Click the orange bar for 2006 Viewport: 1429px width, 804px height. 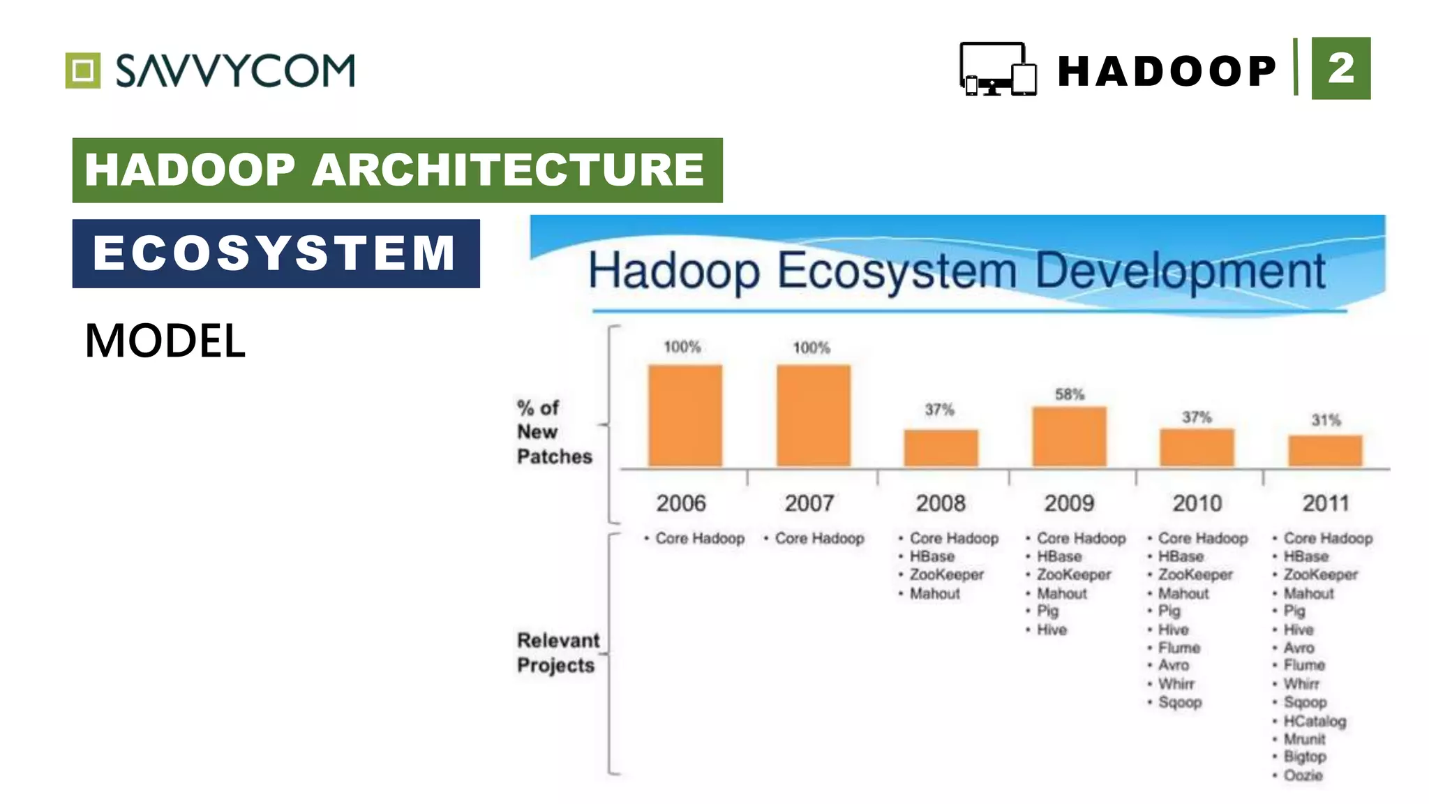click(x=684, y=415)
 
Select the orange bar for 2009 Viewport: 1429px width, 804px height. click(x=1069, y=436)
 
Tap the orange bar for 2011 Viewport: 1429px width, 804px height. click(x=1324, y=451)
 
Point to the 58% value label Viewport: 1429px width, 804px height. click(x=1069, y=394)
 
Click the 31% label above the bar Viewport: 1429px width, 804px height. click(x=1325, y=420)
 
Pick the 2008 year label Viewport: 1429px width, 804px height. click(x=940, y=503)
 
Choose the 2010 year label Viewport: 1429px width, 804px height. click(x=1197, y=503)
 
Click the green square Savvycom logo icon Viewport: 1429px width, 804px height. click(x=83, y=70)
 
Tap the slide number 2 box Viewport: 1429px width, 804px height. click(x=1340, y=68)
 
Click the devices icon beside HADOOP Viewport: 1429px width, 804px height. click(x=998, y=69)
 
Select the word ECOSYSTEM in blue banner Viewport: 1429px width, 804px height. click(x=275, y=253)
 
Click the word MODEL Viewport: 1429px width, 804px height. click(x=165, y=341)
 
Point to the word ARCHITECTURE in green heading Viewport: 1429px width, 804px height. click(x=508, y=170)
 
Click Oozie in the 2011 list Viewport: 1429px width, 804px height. click(x=1302, y=775)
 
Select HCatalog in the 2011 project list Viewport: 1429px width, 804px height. click(x=1314, y=721)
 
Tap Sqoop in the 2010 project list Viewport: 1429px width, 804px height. click(x=1179, y=702)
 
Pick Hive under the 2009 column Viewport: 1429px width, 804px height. click(x=1051, y=630)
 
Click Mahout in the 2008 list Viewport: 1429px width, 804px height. click(x=934, y=593)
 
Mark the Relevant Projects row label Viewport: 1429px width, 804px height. click(x=558, y=653)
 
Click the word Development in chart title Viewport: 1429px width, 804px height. click(x=1179, y=271)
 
